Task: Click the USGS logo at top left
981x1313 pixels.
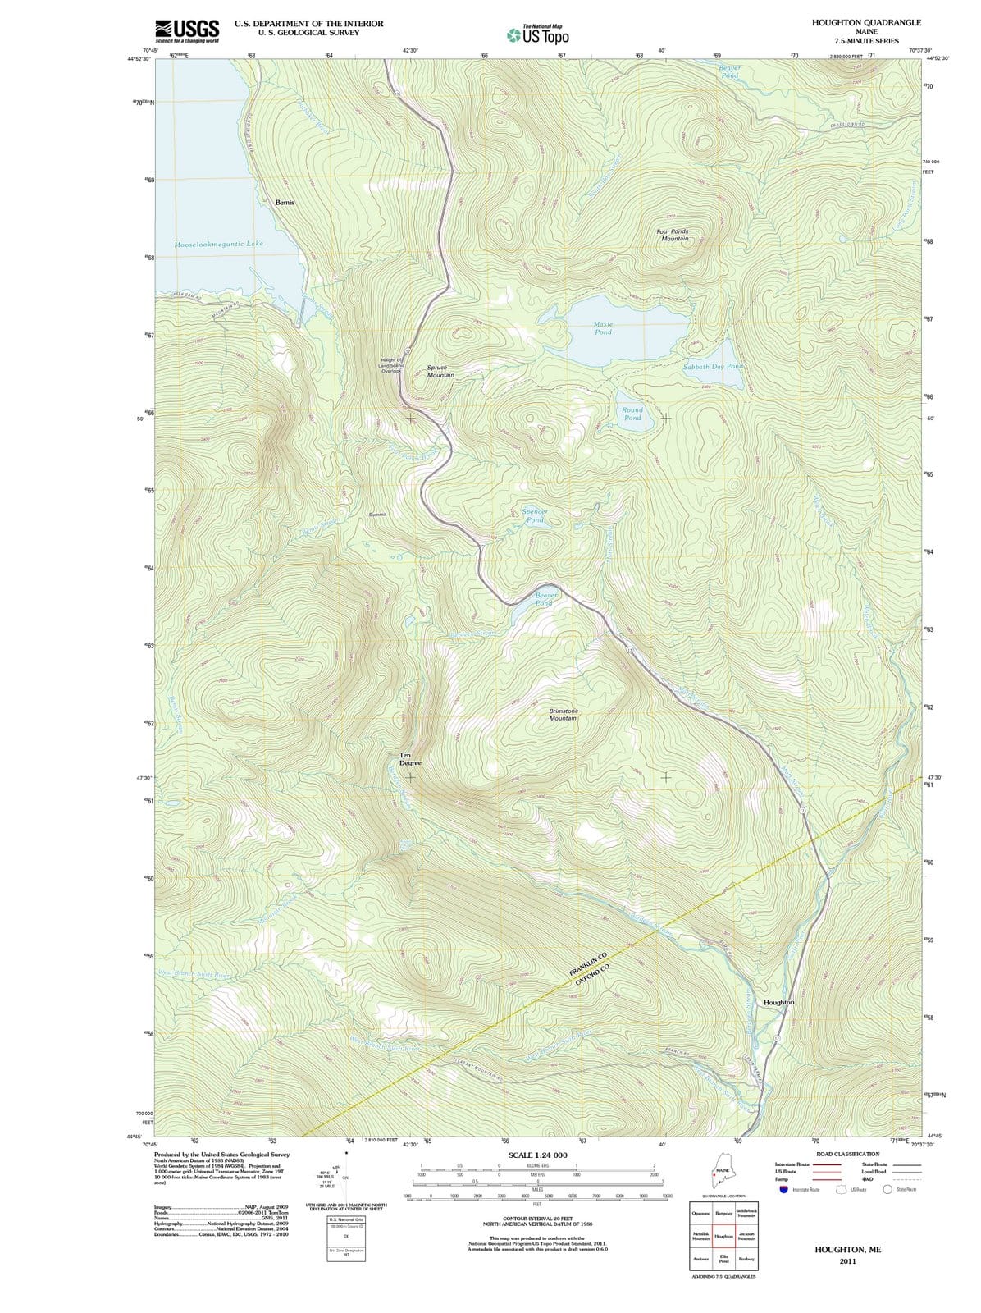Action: pos(187,30)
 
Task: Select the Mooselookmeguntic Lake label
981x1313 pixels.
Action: pos(219,245)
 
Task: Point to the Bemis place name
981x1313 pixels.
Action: pos(285,202)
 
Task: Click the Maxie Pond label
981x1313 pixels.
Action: pos(603,328)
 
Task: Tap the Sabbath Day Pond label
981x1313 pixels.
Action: pos(713,367)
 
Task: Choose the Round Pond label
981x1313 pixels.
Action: pos(632,414)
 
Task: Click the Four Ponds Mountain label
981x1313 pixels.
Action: pos(673,235)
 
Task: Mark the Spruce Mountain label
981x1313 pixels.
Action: pos(440,371)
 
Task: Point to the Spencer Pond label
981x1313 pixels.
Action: pos(535,515)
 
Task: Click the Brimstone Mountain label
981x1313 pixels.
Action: pos(563,714)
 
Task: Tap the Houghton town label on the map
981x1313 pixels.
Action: pos(778,1003)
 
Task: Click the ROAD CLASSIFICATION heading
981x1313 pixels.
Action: pos(847,1154)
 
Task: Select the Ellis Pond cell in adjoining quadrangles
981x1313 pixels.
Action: pos(723,1259)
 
